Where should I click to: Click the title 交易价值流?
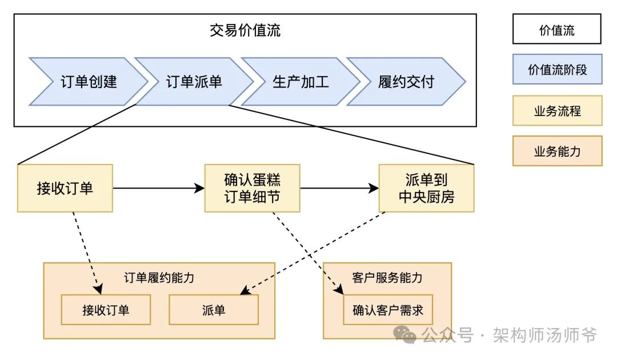(245, 30)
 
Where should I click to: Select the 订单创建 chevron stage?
(89, 82)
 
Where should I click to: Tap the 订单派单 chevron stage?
(194, 82)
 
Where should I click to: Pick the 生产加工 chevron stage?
(301, 82)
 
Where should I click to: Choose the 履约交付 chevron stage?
(406, 82)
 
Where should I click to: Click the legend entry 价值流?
(557, 29)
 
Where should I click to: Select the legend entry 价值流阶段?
(557, 69)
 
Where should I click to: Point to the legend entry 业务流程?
(557, 110)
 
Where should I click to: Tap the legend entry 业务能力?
(557, 151)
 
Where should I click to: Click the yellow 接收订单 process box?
(65, 188)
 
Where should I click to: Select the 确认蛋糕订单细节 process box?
(253, 188)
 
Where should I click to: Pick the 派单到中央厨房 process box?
(427, 188)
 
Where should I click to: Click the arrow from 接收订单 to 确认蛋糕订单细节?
(159, 188)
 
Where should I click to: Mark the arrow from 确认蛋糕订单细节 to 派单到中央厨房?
(339, 188)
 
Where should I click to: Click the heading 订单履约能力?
(159, 278)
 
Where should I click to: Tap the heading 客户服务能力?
(387, 278)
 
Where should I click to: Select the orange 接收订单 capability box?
(106, 310)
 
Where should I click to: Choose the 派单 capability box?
(214, 310)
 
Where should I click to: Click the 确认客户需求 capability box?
(388, 310)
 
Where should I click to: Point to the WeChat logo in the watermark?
(404, 335)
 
